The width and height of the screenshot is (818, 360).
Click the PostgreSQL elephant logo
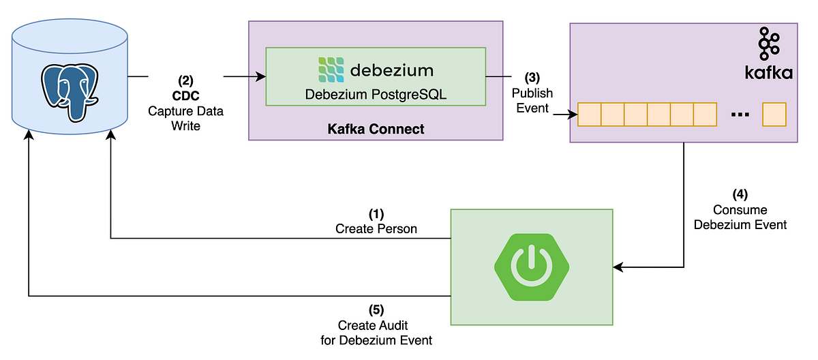click(69, 89)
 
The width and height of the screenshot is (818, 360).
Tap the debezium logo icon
click(331, 70)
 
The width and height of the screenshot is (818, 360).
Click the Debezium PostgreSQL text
click(376, 95)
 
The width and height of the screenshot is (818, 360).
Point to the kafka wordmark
click(768, 72)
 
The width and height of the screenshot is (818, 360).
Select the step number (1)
click(376, 214)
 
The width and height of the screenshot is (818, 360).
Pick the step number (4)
click(740, 195)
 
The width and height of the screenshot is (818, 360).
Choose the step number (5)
click(376, 310)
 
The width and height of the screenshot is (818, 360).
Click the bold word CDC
click(185, 96)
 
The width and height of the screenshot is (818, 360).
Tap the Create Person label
click(376, 229)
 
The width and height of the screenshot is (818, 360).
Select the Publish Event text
click(533, 100)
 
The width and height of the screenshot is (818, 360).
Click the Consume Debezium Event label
click(740, 217)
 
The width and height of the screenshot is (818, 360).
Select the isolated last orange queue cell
click(775, 115)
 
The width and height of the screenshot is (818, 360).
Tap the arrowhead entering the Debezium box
click(261, 77)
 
